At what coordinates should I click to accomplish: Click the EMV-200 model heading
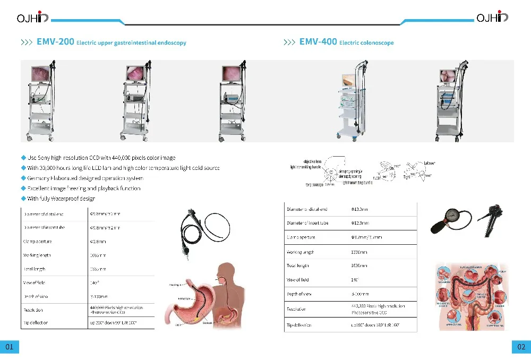pos(55,42)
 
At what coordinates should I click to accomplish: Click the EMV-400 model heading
pos(318,42)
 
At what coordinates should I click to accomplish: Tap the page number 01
pos(10,347)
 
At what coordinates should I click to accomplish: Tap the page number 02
pos(521,347)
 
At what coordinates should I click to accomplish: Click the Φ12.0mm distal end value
pos(359,210)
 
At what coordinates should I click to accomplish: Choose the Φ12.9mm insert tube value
pos(359,223)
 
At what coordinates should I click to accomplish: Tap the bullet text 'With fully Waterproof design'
pos(61,199)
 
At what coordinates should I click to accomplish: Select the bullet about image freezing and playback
pos(84,188)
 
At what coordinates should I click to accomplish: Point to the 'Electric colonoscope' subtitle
pos(366,42)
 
